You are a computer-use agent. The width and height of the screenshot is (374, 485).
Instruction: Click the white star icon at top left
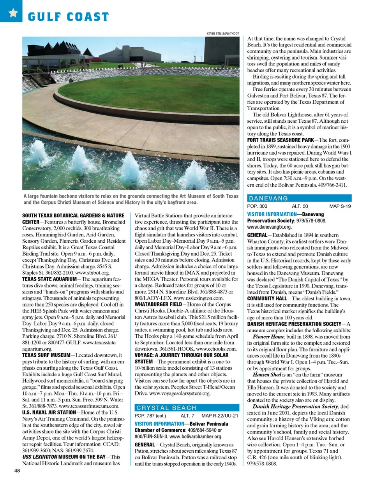tap(13, 12)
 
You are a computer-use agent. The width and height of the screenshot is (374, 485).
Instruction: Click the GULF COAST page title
tap(68, 17)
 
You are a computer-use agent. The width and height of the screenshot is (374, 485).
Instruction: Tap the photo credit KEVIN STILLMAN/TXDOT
tap(222, 34)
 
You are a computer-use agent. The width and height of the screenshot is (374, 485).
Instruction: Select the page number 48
tap(17, 470)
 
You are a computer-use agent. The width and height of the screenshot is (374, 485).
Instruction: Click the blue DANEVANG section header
tap(299, 198)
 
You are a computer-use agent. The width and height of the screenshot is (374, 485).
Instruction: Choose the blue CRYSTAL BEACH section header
tap(187, 407)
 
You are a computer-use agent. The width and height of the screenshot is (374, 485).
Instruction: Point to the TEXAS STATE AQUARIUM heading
tap(49, 279)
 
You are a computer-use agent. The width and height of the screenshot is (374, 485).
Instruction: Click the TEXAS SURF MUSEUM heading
tap(46, 355)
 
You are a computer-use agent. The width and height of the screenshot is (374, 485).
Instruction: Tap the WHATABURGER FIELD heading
tap(158, 304)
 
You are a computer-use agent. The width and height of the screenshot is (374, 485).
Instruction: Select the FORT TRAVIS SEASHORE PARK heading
tap(280, 140)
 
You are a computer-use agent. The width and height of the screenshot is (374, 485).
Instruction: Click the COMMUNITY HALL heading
tap(267, 299)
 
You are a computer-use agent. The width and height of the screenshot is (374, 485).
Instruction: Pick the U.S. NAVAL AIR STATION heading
tap(49, 413)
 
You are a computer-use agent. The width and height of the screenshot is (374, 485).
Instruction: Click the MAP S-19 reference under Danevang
tap(340, 206)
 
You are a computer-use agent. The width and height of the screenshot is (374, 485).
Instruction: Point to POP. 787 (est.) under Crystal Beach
tap(150, 416)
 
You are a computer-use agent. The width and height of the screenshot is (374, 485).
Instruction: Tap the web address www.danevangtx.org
tap(269, 227)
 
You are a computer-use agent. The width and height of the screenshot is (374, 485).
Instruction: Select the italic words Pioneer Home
tap(268, 337)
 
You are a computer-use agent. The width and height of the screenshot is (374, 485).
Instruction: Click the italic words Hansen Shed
tap(267, 375)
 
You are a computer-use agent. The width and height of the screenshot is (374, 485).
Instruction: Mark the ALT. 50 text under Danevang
tap(300, 206)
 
